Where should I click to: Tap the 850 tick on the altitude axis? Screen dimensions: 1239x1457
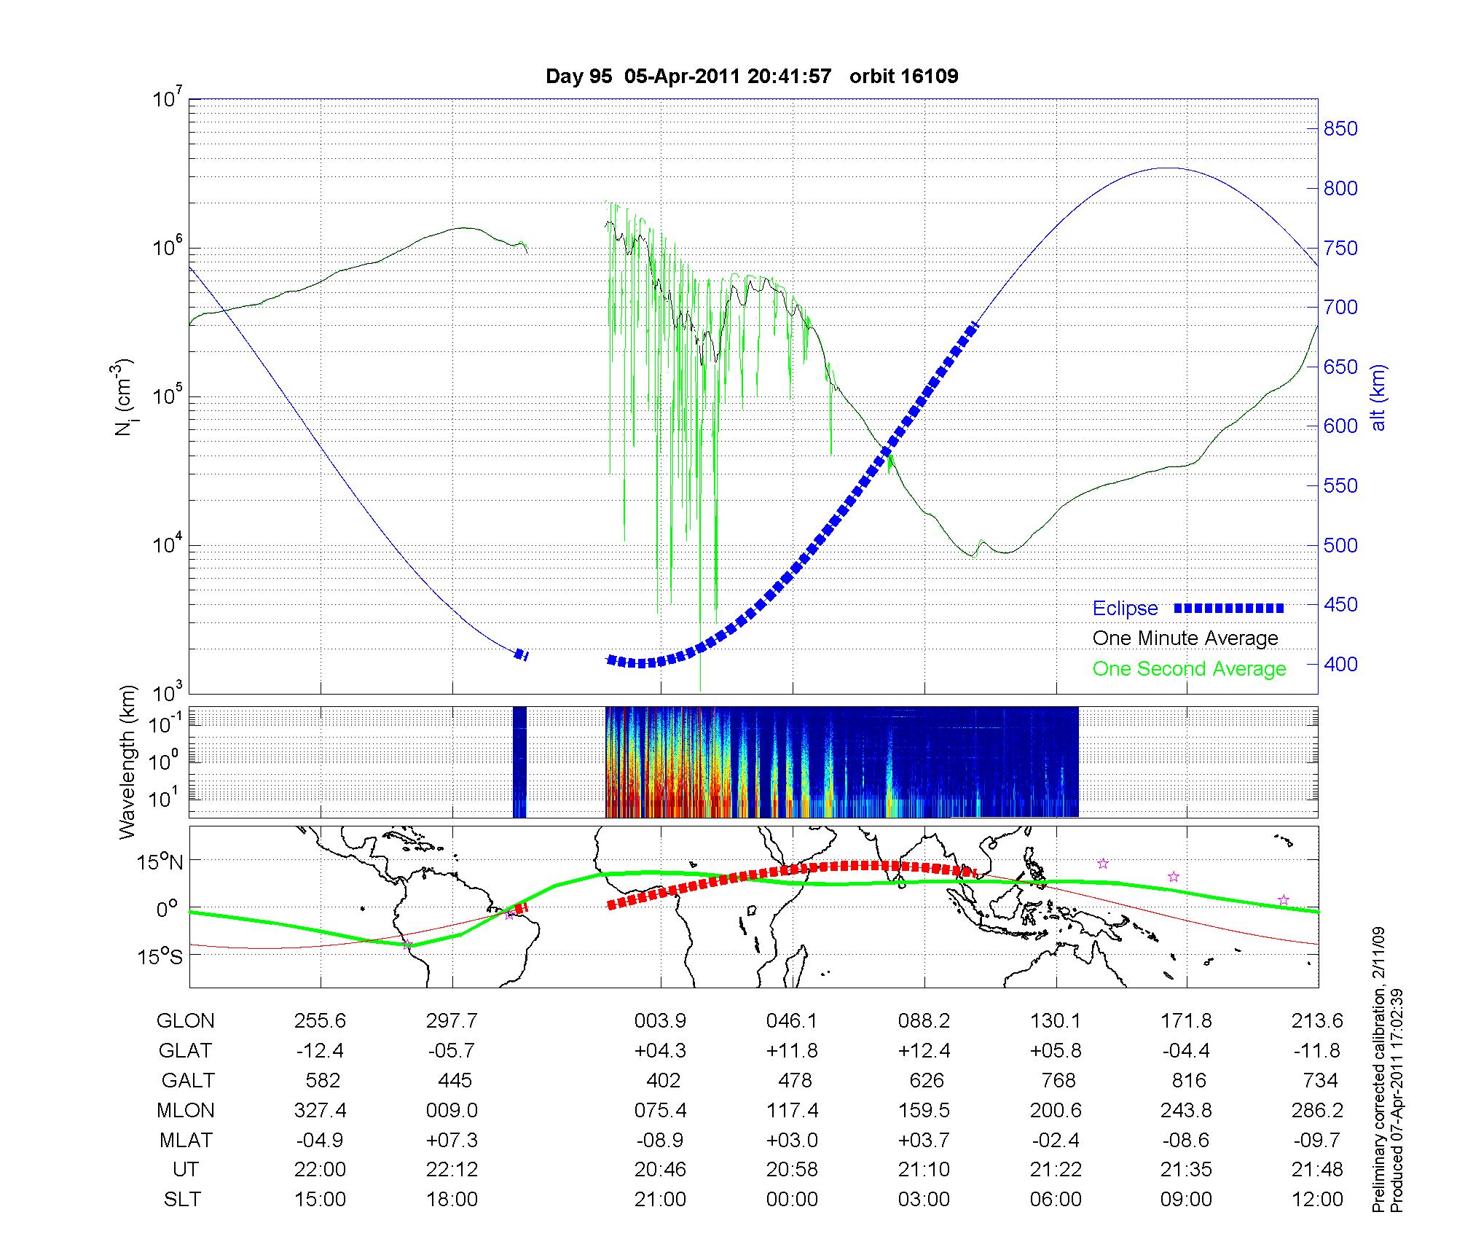tap(1340, 129)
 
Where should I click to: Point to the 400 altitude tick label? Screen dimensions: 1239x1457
tap(1340, 664)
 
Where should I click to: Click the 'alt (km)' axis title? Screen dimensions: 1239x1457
tap(1379, 397)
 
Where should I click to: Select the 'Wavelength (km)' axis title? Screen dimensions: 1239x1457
tap(128, 762)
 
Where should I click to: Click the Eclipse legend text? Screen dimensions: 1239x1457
tap(1125, 609)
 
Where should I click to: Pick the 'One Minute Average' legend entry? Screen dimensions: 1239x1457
tap(1185, 638)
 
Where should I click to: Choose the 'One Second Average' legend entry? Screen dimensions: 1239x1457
tap(1189, 669)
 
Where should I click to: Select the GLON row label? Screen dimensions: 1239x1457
tap(185, 1021)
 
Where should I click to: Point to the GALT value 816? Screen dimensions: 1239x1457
tap(1189, 1080)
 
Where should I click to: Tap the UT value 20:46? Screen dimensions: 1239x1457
tap(660, 1170)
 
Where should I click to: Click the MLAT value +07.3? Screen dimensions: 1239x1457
tap(452, 1140)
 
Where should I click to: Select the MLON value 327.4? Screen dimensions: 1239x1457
tap(320, 1111)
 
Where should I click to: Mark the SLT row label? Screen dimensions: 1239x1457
tap(182, 1200)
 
